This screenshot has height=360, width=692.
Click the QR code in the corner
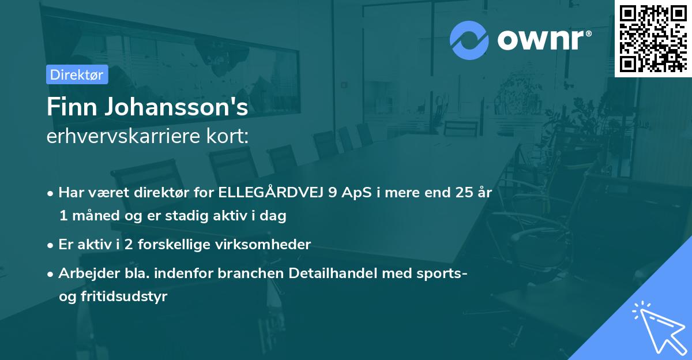point(652,38)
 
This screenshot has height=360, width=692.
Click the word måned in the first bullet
point(91,216)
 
